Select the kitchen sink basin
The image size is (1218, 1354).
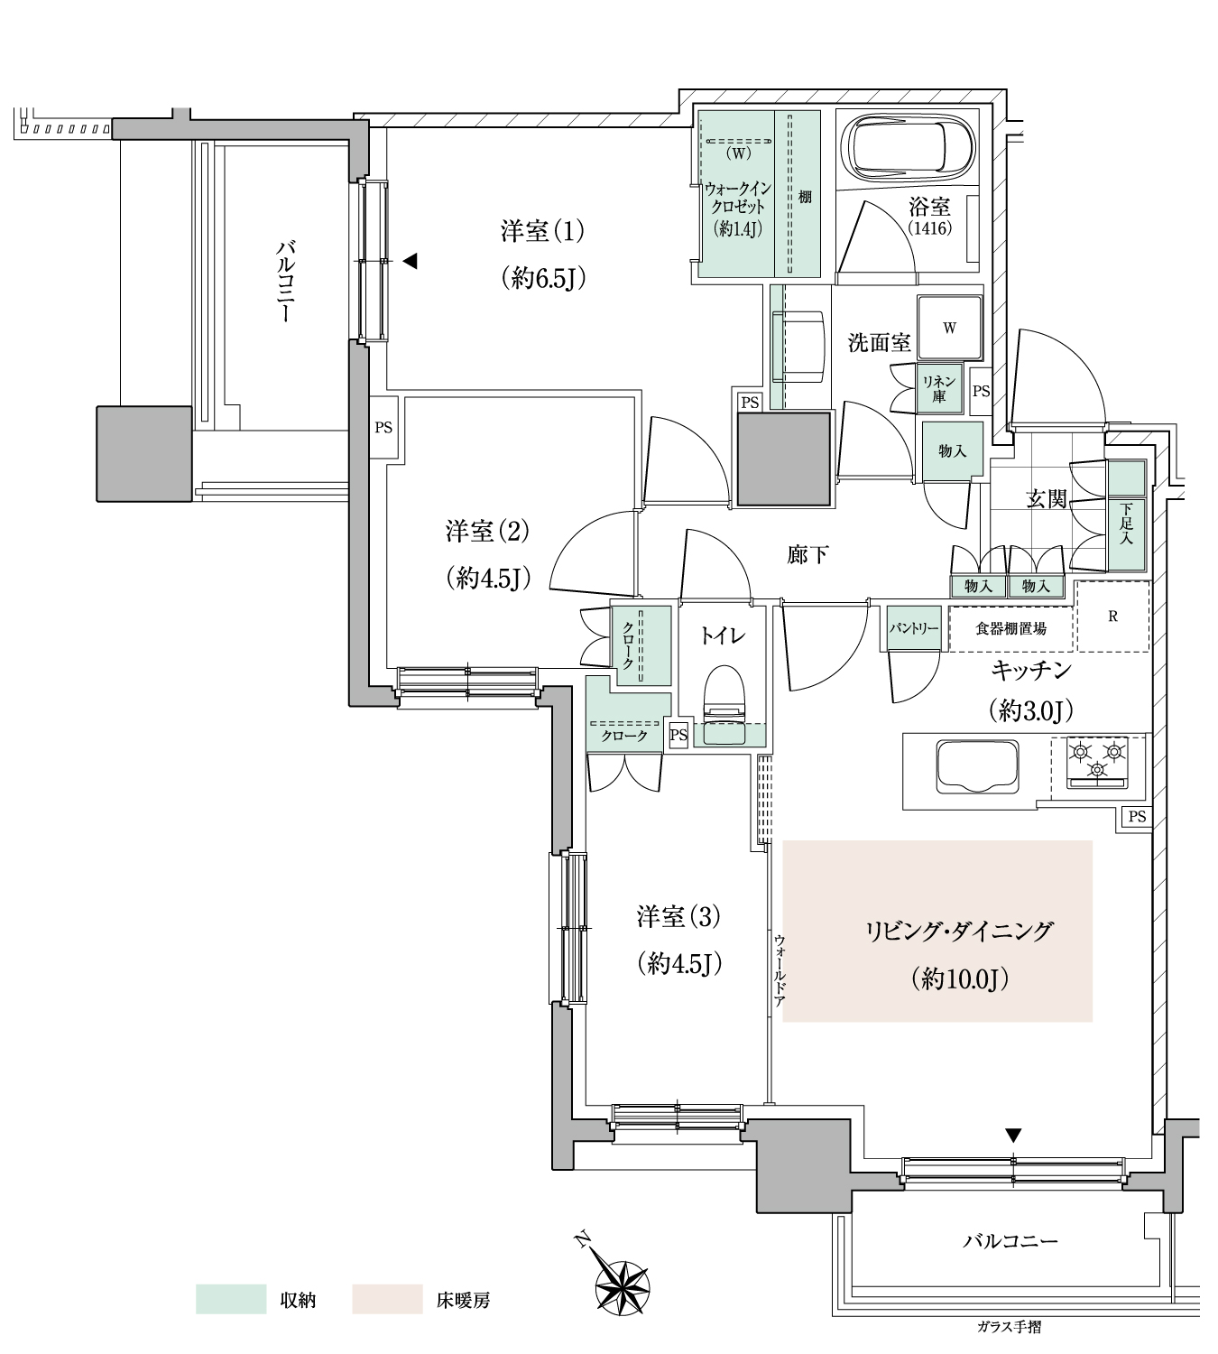pos(976,767)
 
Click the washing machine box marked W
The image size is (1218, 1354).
pos(949,328)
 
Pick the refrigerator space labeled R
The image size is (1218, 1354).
pos(1112,616)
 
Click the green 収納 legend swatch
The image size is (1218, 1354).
pos(231,1299)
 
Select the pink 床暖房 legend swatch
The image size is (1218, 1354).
pos(387,1299)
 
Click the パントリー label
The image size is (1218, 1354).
pos(914,628)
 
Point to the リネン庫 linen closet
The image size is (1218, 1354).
pos(938,389)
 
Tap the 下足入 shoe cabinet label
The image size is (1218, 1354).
pos(1126,524)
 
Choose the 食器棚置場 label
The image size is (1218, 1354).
pos(1010,628)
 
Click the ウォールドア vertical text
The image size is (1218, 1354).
pos(780,970)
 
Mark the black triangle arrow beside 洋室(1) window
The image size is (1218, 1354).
pos(410,261)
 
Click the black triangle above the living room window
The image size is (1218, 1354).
pos(1013,1136)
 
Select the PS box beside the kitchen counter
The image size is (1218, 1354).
pos(1137,817)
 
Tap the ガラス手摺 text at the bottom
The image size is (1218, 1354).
pos(1009,1340)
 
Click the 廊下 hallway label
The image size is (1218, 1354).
pos(807,555)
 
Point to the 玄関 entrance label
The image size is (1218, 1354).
pos(1046,498)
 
